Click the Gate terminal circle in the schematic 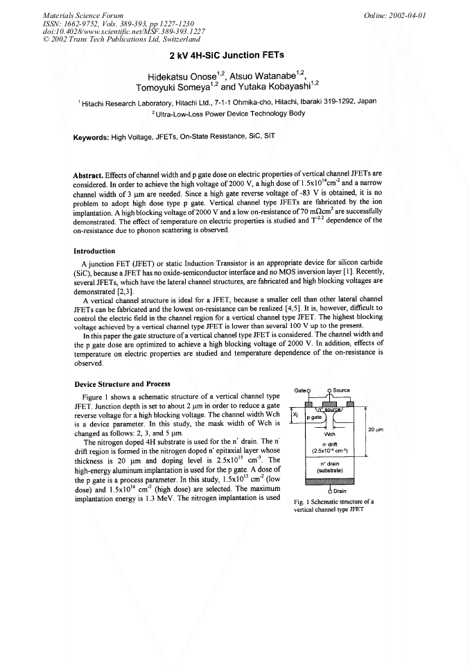[308, 391]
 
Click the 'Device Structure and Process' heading [121, 384]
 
